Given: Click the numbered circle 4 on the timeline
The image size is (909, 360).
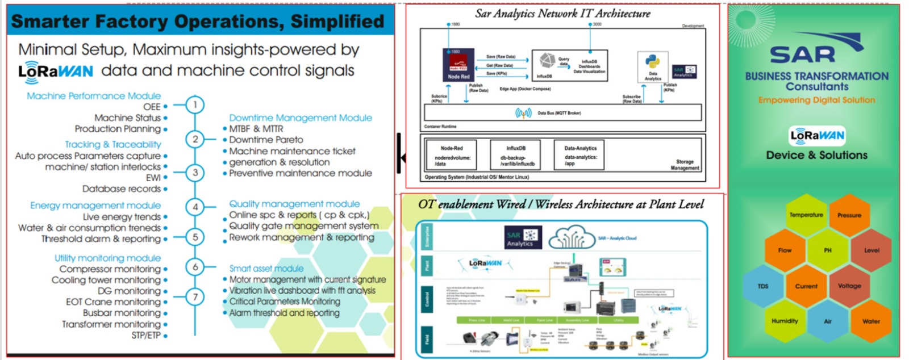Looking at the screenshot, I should [195, 207].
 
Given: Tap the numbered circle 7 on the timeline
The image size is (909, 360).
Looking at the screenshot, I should [195, 297].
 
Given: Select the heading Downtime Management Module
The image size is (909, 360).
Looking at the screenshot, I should [301, 118].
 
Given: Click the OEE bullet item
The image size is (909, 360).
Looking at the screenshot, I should [152, 107].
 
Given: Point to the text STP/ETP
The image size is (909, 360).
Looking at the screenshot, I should [146, 336].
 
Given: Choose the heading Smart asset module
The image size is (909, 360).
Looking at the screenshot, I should [266, 268].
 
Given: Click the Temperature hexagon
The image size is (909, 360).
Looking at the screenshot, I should [806, 215].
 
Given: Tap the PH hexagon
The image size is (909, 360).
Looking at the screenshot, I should [827, 250].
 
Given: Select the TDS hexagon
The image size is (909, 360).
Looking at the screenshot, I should [763, 286].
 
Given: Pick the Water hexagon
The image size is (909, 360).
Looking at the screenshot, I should [870, 321].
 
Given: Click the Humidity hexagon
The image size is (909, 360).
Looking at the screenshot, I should [785, 321].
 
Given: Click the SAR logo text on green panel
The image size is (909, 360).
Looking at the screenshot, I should [803, 54].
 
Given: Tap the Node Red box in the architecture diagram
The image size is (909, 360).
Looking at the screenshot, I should [458, 64].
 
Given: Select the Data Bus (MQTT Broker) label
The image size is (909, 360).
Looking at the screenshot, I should [559, 113].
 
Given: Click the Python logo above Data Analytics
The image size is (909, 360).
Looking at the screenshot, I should [653, 61].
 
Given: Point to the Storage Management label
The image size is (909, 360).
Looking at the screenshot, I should [685, 165].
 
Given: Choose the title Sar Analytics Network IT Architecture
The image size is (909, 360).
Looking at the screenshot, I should [562, 13].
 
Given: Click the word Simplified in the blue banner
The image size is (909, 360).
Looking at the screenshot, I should [337, 22].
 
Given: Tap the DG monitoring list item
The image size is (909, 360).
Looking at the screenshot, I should [129, 291].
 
